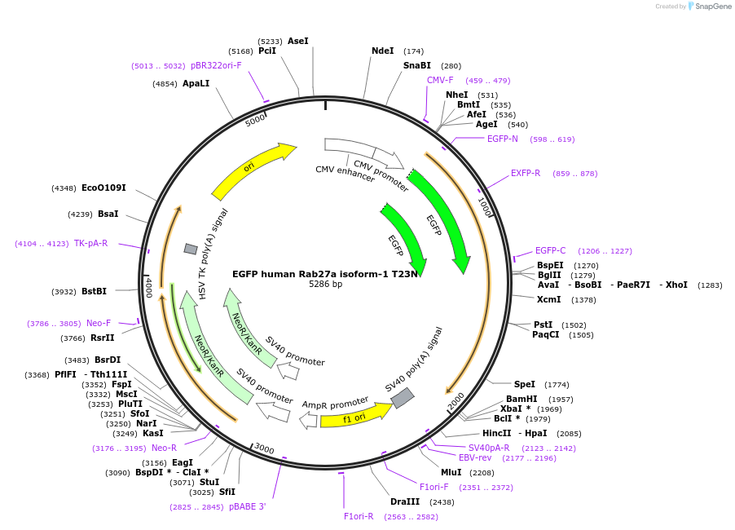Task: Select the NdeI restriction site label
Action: coord(382,51)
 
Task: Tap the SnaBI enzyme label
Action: coord(416,65)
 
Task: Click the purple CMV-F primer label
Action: coord(440,80)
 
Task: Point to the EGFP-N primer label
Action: coord(502,139)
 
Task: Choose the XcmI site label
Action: coord(548,299)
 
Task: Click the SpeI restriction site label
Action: coord(524,384)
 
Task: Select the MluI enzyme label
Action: coord(451,472)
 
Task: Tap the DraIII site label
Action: coord(405,501)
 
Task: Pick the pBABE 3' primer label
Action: coord(247,506)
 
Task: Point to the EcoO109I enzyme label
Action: coord(103,188)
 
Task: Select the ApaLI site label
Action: coord(196,83)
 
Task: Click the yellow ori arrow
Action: coord(253,170)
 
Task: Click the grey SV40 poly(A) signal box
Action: coord(403,398)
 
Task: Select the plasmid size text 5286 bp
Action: coord(325,285)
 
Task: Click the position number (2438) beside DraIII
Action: coord(442,501)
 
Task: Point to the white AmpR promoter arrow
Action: coord(308,420)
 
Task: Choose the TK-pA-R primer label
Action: coord(90,243)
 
